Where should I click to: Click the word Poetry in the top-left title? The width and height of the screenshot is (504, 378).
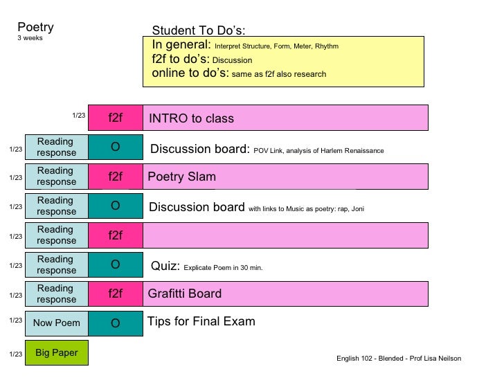[x=35, y=28]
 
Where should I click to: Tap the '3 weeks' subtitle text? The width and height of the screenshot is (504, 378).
[x=30, y=38]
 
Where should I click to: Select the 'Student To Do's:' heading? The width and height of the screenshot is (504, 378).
[x=199, y=30]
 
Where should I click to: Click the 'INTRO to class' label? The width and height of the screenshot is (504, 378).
[x=192, y=118]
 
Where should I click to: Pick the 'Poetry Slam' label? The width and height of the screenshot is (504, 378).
[x=182, y=177]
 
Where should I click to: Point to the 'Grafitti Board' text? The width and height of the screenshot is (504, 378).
[x=185, y=294]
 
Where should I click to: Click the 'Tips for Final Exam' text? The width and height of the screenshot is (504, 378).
[x=201, y=321]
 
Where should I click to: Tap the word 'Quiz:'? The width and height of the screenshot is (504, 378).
[x=165, y=266]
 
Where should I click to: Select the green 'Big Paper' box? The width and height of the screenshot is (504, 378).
[x=57, y=352]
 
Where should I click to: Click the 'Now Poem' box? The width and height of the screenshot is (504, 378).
[x=57, y=323]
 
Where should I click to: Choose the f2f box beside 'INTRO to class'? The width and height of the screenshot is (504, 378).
[x=116, y=118]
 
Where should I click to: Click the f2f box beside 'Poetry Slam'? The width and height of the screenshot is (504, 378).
[x=116, y=177]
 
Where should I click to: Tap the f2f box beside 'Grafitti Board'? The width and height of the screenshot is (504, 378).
[x=116, y=294]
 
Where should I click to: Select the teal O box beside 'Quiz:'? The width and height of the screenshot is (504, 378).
[x=116, y=264]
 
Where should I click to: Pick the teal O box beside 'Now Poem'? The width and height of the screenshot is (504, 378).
[x=116, y=323]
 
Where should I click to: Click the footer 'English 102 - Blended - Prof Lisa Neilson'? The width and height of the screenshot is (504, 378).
[x=399, y=358]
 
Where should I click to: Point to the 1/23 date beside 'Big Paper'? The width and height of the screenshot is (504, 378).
[x=15, y=354]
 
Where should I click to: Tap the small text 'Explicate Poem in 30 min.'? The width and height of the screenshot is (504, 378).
[x=223, y=267]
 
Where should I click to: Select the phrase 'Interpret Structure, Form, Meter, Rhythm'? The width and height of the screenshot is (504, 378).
[x=276, y=46]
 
